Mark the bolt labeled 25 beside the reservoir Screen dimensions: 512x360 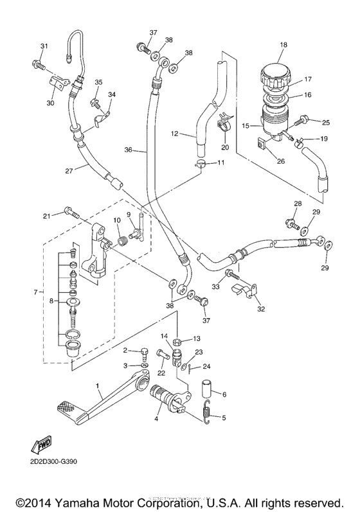pyautogui.click(x=303, y=120)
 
